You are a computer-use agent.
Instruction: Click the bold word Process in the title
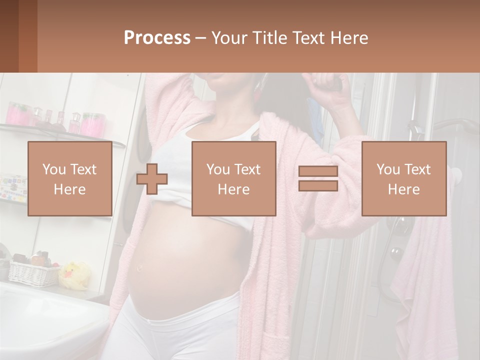(157, 37)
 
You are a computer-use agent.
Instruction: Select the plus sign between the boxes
(152, 179)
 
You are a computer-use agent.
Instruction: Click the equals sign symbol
(318, 178)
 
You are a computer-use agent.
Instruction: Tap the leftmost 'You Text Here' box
(69, 179)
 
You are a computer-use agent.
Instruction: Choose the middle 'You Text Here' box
(233, 179)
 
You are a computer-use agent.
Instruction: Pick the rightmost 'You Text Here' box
(403, 179)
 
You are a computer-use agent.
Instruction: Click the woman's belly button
(140, 267)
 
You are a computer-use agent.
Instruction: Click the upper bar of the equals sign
(318, 171)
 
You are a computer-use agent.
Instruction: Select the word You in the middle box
(218, 169)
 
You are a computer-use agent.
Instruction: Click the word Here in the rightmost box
(403, 189)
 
